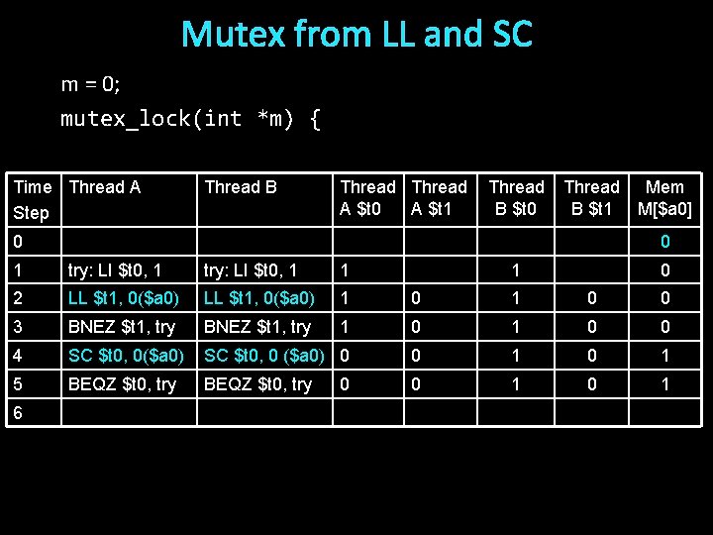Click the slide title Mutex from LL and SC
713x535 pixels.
(356, 35)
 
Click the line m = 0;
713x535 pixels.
(90, 84)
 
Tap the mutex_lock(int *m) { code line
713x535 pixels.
(190, 119)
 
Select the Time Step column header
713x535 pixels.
(33, 199)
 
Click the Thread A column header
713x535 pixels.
(105, 187)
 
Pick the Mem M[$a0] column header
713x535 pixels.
(664, 198)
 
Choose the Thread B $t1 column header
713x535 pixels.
(591, 198)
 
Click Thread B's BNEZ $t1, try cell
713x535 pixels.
(257, 327)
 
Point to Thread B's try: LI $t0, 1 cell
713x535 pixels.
(251, 269)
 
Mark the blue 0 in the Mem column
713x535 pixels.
(665, 242)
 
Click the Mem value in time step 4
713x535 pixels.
(665, 356)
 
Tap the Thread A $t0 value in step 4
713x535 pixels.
(344, 356)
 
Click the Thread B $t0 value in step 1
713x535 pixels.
(516, 269)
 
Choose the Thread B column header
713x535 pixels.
(240, 187)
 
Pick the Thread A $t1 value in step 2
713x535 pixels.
(416, 298)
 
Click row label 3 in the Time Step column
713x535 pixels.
(18, 327)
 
